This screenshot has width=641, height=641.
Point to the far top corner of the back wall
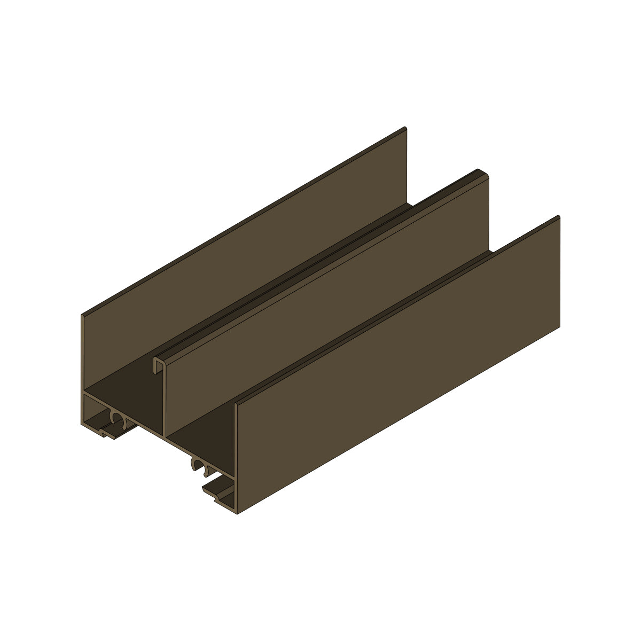coord(405,128)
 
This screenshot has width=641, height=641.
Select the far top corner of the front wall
coord(558,216)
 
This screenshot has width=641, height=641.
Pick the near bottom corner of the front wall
coord(237,513)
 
